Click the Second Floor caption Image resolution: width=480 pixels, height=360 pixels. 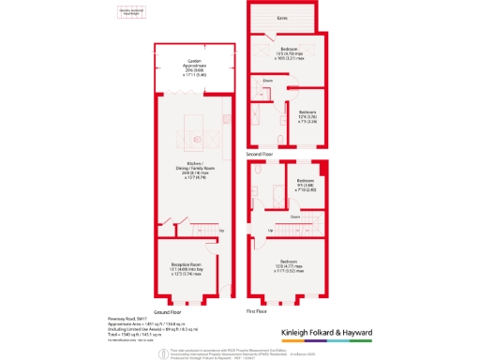pos(259,153)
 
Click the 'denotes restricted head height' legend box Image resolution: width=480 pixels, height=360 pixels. pos(129,12)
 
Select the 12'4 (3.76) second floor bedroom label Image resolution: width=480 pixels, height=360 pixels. pos(307,115)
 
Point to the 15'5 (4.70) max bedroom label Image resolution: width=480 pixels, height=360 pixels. pos(289,52)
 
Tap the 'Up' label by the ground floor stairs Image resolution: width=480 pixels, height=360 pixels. pos(221,231)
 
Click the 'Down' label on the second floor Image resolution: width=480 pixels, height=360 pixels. pos(268,82)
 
